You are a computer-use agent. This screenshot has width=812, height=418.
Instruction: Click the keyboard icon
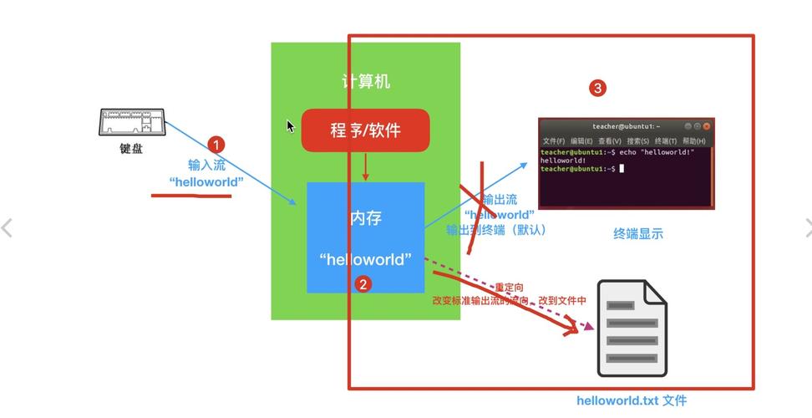(x=131, y=122)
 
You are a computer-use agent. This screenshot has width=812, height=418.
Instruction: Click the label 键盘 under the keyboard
(x=131, y=148)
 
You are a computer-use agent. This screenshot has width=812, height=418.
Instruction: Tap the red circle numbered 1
(x=216, y=145)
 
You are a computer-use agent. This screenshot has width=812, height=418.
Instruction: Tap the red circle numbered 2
(x=362, y=284)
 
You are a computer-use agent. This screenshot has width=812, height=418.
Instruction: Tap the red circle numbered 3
(x=596, y=88)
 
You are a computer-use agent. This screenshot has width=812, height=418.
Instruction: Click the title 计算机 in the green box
(x=365, y=81)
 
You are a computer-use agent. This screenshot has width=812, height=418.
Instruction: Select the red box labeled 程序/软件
(x=365, y=130)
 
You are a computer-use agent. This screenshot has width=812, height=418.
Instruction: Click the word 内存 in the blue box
(x=365, y=218)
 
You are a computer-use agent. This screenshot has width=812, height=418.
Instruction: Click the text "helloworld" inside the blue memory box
(x=365, y=259)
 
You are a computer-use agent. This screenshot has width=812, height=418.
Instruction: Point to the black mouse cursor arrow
(x=290, y=126)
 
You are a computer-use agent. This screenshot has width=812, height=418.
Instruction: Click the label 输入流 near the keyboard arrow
(x=206, y=166)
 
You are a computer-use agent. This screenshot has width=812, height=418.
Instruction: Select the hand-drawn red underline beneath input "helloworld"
(x=191, y=196)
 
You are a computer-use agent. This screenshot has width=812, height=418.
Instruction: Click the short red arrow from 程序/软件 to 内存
(x=365, y=167)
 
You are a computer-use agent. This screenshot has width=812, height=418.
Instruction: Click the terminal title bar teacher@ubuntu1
(x=626, y=126)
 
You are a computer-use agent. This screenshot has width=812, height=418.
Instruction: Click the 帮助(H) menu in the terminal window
(x=693, y=141)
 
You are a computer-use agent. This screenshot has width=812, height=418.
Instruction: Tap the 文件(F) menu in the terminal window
(x=553, y=141)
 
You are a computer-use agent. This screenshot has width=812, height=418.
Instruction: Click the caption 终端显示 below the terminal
(x=638, y=234)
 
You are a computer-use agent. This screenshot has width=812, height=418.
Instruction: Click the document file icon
(x=632, y=328)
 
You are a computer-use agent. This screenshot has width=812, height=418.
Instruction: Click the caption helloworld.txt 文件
(x=632, y=400)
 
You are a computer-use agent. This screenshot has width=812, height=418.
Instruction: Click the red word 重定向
(x=509, y=288)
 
